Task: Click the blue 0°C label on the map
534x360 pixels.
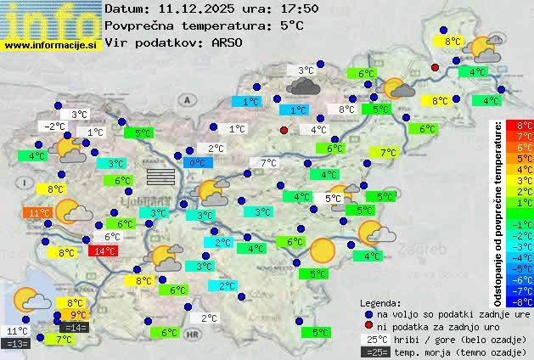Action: click(197, 162)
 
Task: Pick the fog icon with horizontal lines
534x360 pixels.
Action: click(160, 176)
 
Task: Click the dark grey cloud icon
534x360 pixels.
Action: click(304, 86)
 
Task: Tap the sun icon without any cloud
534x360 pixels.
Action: click(322, 250)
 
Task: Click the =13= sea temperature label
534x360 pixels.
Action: click(16, 344)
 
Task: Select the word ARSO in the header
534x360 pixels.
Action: click(230, 42)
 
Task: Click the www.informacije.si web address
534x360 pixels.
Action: click(50, 45)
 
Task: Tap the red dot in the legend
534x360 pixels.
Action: click(368, 326)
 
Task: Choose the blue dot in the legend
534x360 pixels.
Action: click(368, 313)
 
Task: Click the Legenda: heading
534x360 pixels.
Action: click(380, 302)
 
